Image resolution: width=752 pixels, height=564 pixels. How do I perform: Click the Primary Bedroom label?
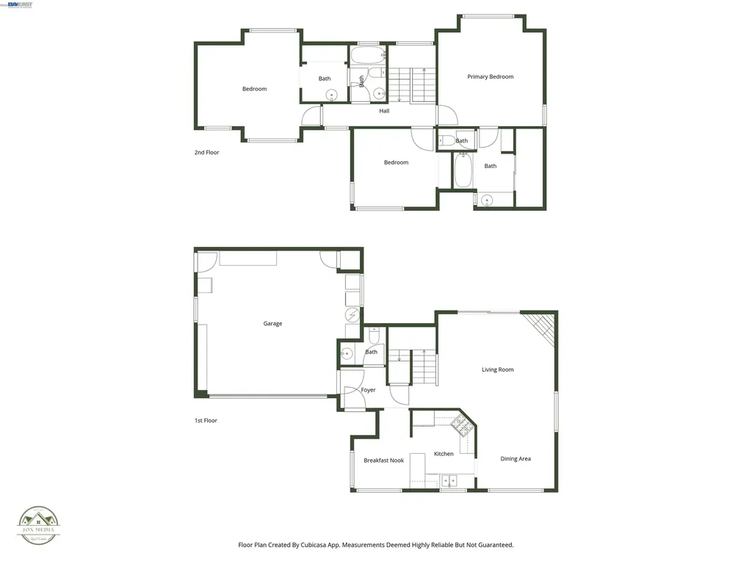491,77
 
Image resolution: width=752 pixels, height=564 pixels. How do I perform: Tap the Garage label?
272,324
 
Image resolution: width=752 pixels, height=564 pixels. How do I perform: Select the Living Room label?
497,370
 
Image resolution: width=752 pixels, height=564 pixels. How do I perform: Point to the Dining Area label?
516,459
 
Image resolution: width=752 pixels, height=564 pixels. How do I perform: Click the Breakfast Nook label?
383,460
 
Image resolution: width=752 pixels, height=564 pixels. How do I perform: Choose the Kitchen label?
444,454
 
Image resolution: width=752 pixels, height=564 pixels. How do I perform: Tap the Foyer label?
368,390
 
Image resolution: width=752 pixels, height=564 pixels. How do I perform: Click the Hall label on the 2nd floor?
384,111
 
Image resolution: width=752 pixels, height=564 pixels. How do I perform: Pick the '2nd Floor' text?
206,153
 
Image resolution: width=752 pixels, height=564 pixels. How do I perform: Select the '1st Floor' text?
206,421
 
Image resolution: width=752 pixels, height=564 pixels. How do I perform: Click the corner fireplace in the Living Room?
542,325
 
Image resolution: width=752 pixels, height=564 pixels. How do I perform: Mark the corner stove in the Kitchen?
463,423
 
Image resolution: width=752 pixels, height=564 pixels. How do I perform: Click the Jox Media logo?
39,524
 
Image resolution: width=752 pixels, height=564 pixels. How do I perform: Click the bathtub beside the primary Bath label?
463,170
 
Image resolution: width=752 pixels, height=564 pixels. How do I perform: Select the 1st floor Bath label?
372,352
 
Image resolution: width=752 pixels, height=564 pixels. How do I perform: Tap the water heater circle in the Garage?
352,315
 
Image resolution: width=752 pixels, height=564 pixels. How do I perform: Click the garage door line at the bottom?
268,397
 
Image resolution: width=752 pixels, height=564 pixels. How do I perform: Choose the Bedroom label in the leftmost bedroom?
254,89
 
